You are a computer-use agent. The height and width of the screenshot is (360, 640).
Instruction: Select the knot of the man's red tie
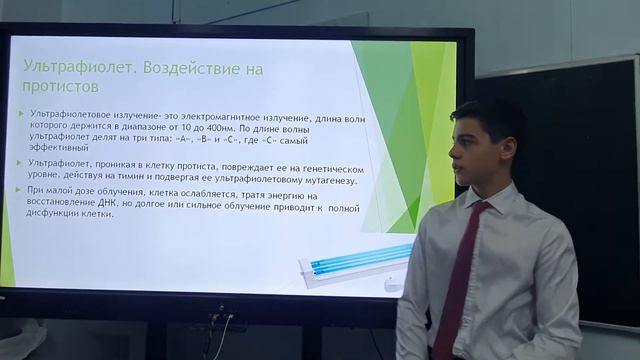[x=477, y=209]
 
